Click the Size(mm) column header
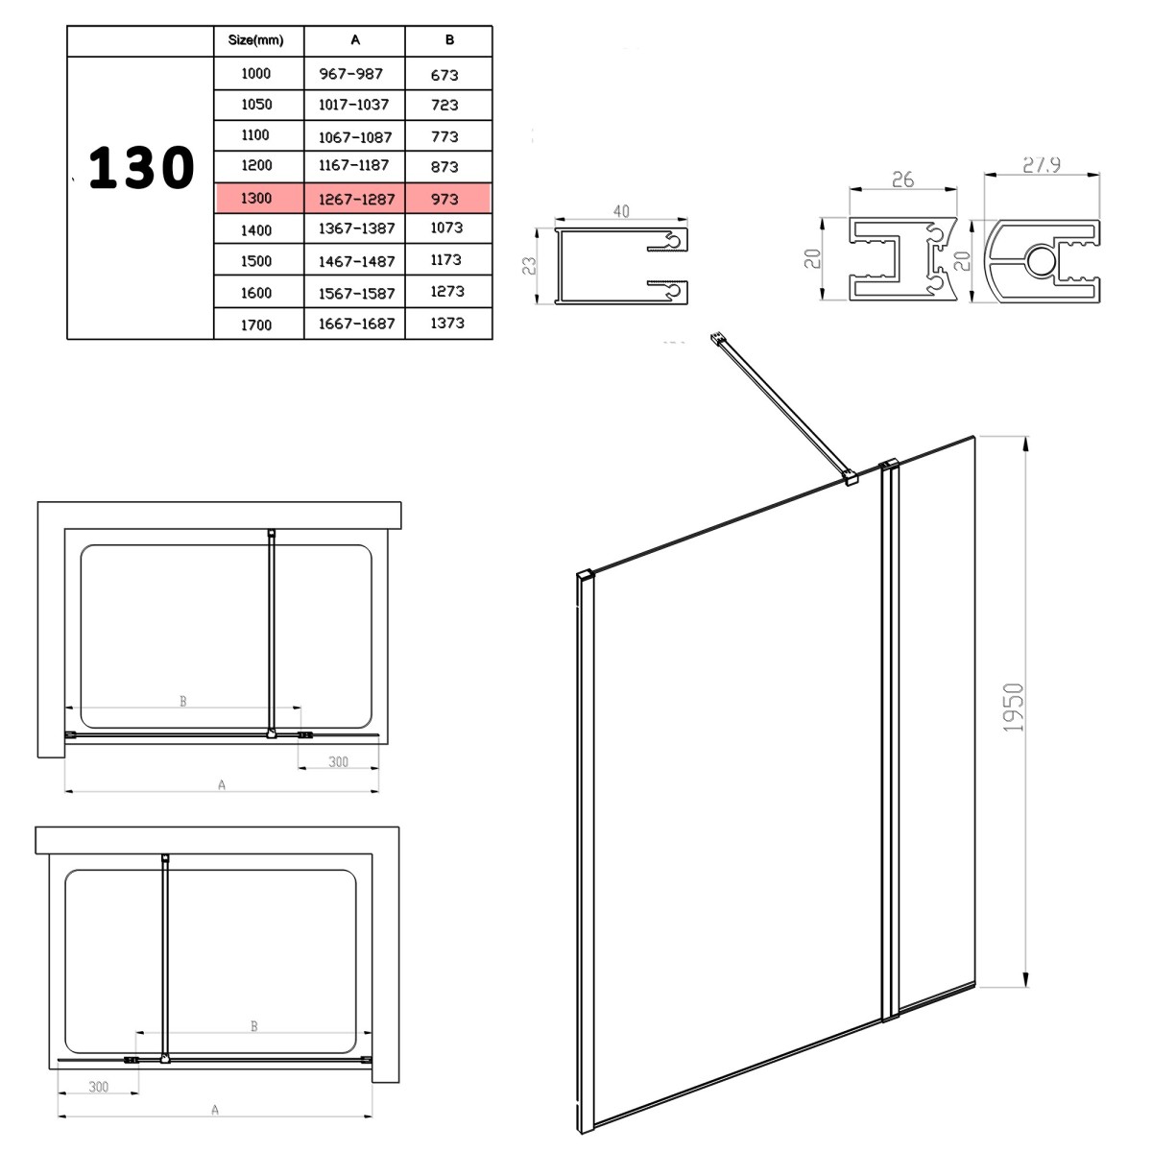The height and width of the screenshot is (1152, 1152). click(256, 40)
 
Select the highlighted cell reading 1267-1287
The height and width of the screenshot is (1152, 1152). click(356, 199)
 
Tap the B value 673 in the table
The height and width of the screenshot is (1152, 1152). click(444, 75)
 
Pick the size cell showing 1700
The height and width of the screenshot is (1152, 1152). click(256, 325)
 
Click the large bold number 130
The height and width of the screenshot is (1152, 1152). click(141, 168)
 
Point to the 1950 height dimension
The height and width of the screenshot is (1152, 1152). click(1013, 708)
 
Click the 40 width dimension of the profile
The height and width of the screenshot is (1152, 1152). click(621, 211)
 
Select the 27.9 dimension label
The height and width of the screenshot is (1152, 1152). click(1042, 164)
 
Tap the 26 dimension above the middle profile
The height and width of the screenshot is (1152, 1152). click(902, 180)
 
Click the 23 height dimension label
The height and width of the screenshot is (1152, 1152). click(529, 265)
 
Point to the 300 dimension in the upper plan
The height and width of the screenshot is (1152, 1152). click(338, 761)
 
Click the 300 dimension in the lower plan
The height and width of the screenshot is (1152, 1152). click(99, 1087)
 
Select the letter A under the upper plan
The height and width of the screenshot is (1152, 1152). click(222, 785)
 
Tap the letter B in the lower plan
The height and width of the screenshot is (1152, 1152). click(254, 1026)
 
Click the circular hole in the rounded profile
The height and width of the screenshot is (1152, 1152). click(1041, 261)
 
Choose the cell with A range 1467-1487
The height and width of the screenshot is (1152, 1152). click(356, 261)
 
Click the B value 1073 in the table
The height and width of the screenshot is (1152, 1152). click(446, 228)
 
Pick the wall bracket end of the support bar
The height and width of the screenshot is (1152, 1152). click(717, 339)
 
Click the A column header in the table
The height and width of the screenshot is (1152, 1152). click(355, 40)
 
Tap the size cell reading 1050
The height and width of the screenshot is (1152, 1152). click(256, 105)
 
